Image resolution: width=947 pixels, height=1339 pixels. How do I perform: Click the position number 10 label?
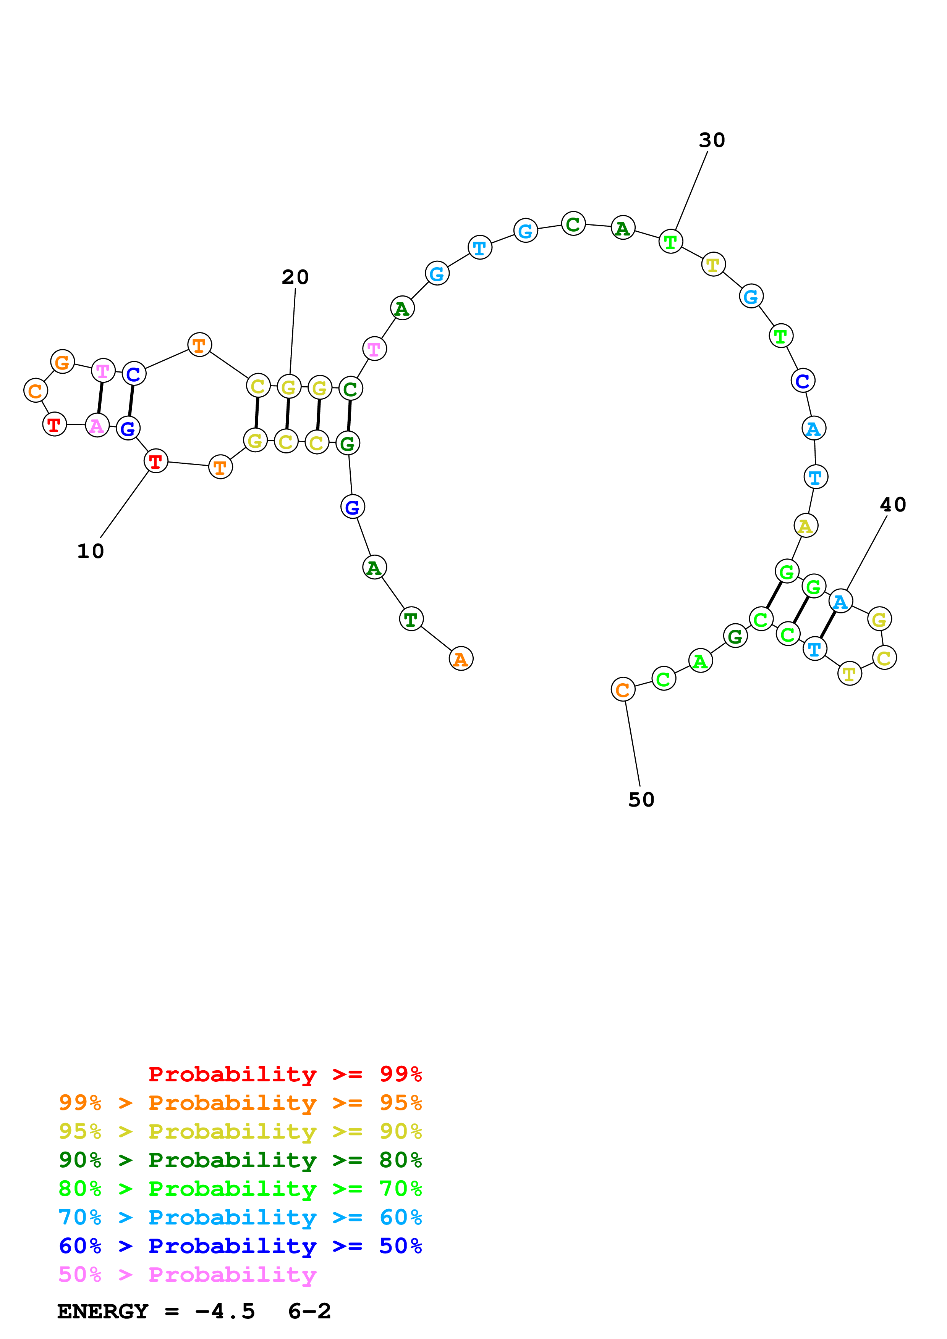click(x=91, y=551)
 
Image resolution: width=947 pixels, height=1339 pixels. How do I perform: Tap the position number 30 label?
click(x=711, y=140)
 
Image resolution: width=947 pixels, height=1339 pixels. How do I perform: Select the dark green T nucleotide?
click(x=411, y=619)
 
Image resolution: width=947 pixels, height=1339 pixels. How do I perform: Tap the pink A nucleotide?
click(x=97, y=425)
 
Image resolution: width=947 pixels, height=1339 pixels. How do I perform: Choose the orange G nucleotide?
click(x=62, y=361)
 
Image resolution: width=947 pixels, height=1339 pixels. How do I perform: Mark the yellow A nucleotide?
click(x=805, y=526)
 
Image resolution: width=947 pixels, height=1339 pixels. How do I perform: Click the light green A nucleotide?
click(x=700, y=661)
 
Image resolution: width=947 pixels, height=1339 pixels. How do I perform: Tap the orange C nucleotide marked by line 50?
click(x=623, y=689)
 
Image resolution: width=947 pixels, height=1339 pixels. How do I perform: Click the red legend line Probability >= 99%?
click(x=285, y=1074)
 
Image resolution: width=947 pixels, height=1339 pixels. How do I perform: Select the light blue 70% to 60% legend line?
click(x=240, y=1218)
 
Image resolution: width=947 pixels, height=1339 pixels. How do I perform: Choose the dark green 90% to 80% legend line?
click(x=240, y=1160)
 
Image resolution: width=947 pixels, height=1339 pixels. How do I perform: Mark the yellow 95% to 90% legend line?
click(x=240, y=1131)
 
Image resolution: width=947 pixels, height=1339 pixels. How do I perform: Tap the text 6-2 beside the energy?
click(x=309, y=1312)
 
